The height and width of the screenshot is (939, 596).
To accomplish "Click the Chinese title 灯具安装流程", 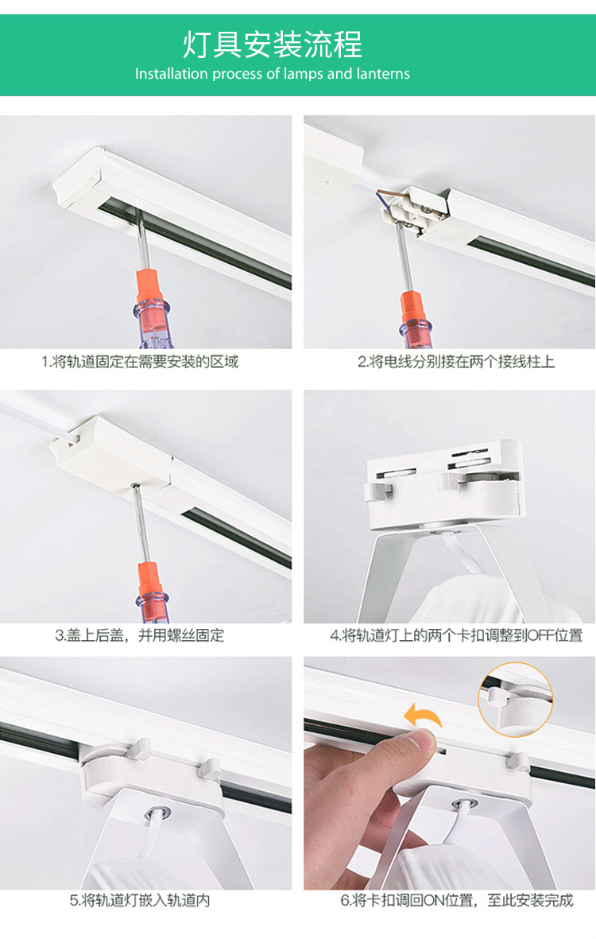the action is click(x=273, y=45).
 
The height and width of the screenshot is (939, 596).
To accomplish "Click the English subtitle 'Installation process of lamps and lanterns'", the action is click(x=273, y=74).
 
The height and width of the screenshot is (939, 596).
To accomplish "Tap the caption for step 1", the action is click(x=140, y=362).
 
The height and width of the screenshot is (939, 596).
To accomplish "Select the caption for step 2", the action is click(x=456, y=362).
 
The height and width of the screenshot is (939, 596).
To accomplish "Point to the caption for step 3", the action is click(x=139, y=635).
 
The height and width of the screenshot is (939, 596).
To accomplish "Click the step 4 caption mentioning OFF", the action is click(x=456, y=635).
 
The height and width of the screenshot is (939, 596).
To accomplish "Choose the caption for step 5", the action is click(x=140, y=901).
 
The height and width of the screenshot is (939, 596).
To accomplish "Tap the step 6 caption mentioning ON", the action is click(x=457, y=901).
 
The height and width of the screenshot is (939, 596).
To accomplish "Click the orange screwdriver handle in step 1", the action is click(x=149, y=289).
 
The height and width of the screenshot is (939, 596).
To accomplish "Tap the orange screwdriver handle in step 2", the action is click(x=413, y=308).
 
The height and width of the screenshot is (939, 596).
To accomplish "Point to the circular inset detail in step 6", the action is click(x=515, y=700).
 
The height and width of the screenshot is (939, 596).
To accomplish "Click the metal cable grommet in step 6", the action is click(x=464, y=805).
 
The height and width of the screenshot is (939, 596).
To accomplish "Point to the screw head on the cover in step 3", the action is click(x=136, y=487).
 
